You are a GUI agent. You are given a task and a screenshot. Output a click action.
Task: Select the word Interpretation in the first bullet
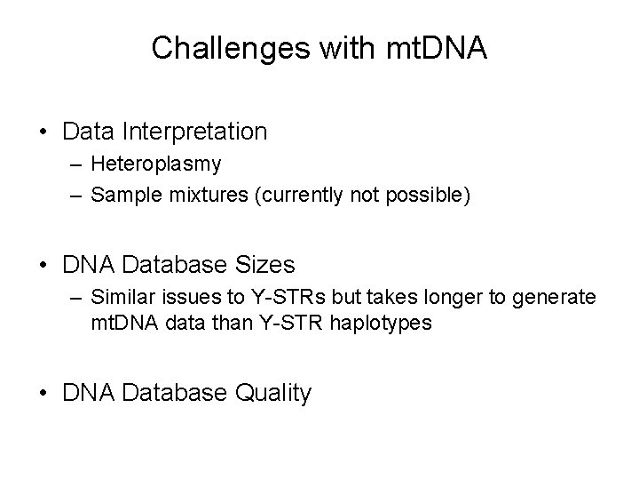(x=194, y=132)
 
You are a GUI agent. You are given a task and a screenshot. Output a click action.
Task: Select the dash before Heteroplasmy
(x=72, y=165)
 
